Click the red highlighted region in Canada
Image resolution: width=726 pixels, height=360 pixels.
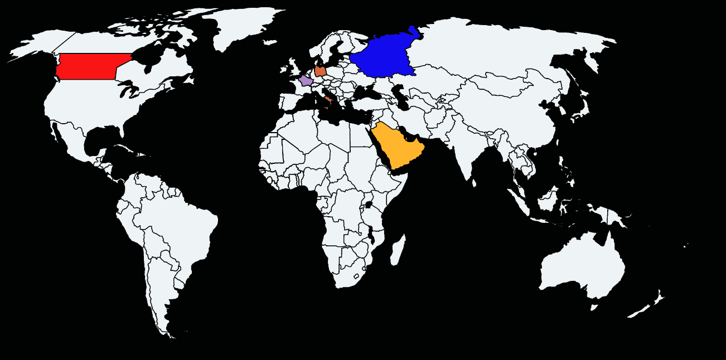(x=89, y=66)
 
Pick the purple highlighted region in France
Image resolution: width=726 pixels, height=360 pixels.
(x=306, y=81)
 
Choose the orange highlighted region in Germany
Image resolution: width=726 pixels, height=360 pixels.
(x=321, y=71)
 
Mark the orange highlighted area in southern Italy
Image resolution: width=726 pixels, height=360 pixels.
(x=328, y=100)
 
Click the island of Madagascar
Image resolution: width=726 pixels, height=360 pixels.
(x=398, y=250)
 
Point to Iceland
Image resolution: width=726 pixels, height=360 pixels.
(x=270, y=42)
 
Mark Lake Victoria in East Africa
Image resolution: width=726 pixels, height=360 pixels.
(x=369, y=205)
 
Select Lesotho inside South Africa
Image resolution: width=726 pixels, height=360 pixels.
(x=356, y=275)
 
